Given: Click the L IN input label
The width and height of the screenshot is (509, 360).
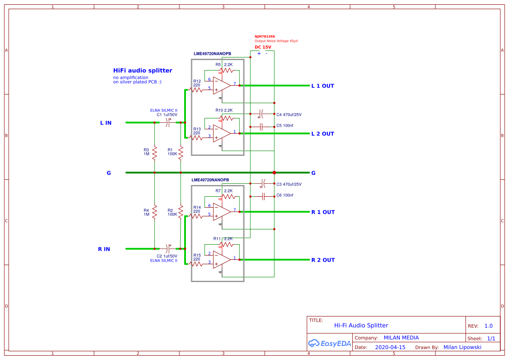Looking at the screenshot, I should click(x=106, y=123).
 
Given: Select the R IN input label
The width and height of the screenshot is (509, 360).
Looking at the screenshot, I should click(x=104, y=249).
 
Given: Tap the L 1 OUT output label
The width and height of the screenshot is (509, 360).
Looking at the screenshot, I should click(x=322, y=86).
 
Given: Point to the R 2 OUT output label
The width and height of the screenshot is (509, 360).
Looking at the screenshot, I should click(x=323, y=260).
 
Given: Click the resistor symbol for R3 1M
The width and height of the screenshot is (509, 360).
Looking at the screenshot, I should click(x=155, y=153).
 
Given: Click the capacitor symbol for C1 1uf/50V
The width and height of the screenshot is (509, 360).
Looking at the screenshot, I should click(x=168, y=123).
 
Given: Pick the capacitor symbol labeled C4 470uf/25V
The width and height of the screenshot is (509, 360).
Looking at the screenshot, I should click(x=261, y=114).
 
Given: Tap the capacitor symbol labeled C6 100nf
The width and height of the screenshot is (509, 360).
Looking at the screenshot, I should click(x=263, y=197).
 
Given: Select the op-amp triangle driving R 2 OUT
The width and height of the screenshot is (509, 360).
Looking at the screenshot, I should click(x=222, y=259).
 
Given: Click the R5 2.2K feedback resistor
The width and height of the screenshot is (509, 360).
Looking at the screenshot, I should click(x=227, y=70).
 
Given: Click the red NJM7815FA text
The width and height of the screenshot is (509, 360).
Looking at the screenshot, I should click(x=265, y=37).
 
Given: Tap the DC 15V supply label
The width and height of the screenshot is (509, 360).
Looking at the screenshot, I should click(x=263, y=47).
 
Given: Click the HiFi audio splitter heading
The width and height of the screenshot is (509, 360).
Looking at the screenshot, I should click(x=142, y=71).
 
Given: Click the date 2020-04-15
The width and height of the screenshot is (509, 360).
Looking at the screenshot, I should click(x=390, y=347).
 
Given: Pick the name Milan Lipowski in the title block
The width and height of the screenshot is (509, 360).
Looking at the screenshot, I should click(x=462, y=347).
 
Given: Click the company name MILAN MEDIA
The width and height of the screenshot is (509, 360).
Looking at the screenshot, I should click(x=401, y=338).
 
